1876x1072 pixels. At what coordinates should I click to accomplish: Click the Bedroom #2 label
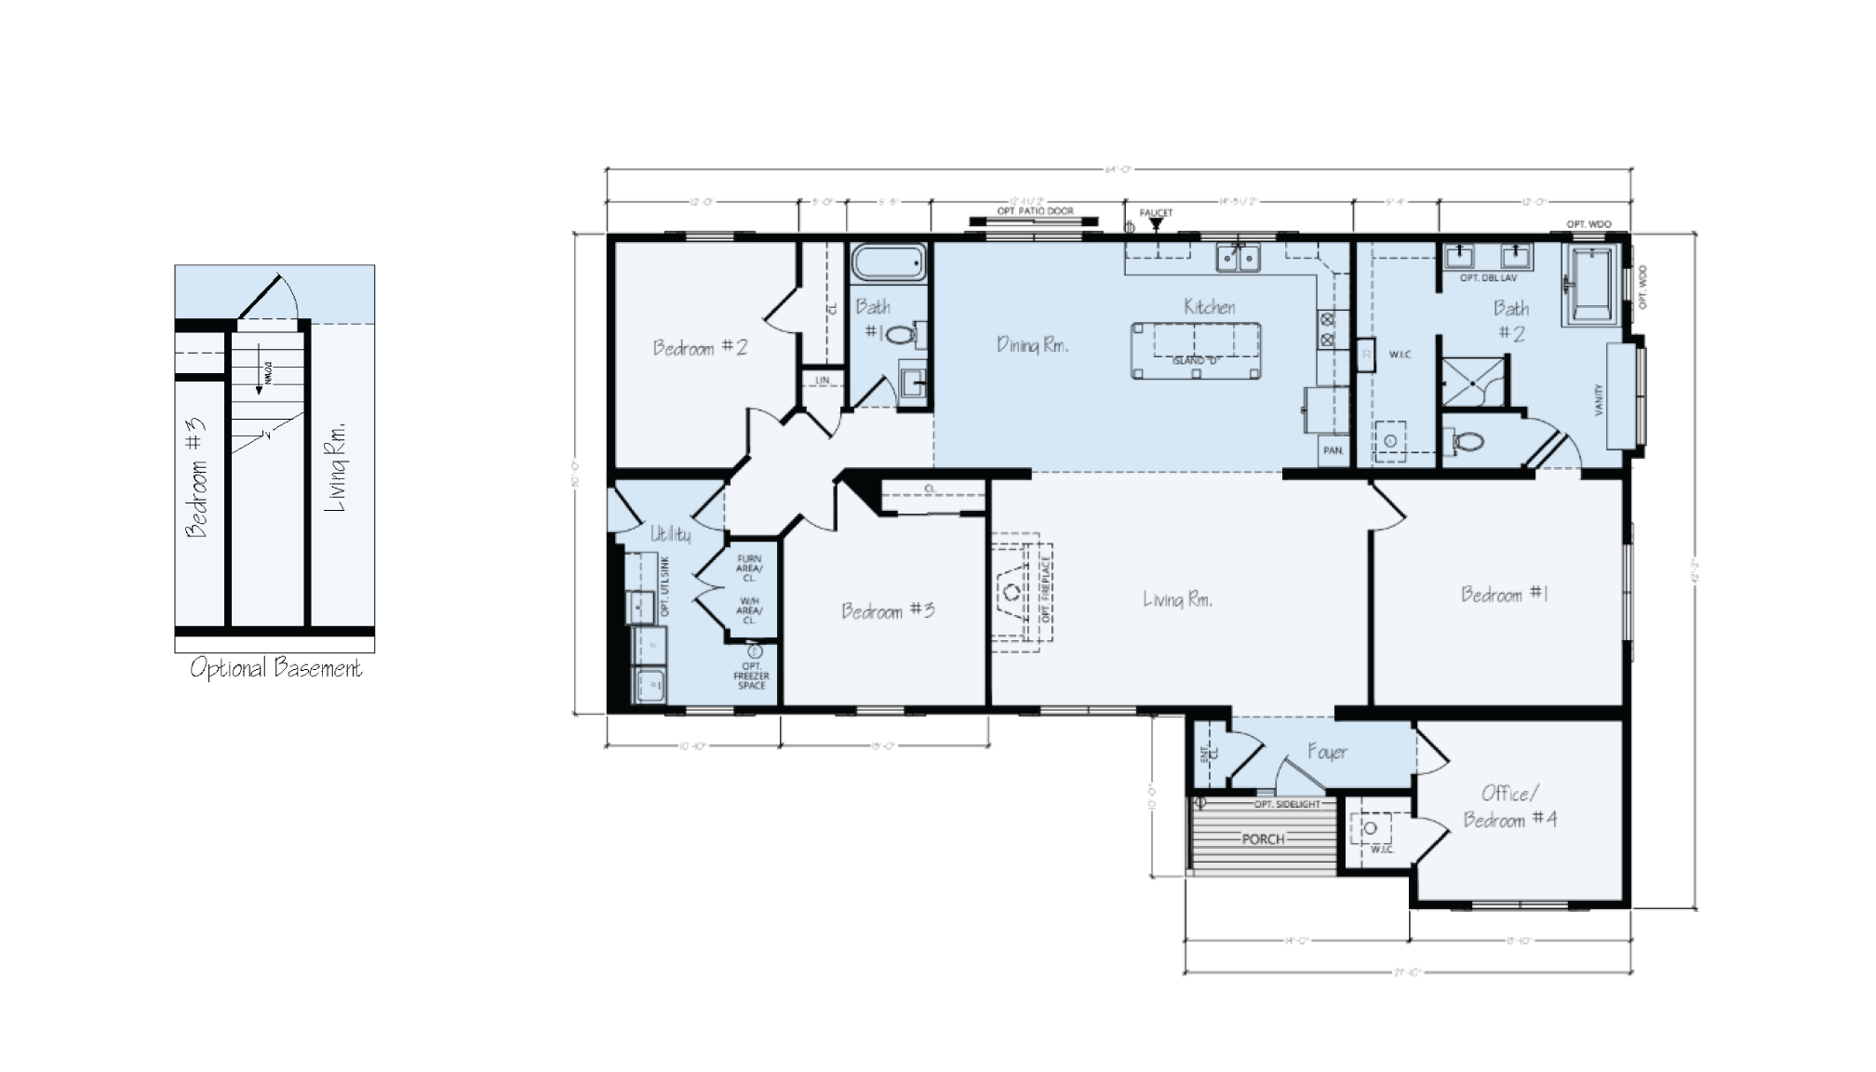coord(700,348)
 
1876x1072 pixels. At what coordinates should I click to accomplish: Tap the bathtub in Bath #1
coord(889,262)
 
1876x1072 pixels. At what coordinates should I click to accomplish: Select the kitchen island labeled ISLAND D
coord(1197,350)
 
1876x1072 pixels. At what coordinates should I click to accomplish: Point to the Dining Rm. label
coord(1032,345)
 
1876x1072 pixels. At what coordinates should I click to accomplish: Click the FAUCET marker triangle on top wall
coord(1157,223)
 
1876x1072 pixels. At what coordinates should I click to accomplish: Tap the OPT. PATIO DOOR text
coord(1035,211)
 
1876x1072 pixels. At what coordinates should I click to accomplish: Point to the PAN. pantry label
coord(1333,450)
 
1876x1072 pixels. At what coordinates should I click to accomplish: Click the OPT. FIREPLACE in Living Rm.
coord(1021,591)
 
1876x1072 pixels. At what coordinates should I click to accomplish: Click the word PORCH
coord(1263,839)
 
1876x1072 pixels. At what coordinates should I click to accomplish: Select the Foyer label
coord(1326,752)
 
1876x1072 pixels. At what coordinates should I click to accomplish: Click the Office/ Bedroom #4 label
coord(1509,806)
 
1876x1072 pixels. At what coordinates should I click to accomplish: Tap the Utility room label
coord(670,534)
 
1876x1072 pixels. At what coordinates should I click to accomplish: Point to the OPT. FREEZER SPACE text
coord(751,676)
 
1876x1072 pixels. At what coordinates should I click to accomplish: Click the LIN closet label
coord(823,381)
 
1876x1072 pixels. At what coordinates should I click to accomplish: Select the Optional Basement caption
coord(275,668)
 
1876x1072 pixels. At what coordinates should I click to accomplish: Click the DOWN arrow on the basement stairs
coord(259,378)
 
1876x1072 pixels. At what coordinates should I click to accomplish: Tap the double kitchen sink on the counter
coord(1239,257)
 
